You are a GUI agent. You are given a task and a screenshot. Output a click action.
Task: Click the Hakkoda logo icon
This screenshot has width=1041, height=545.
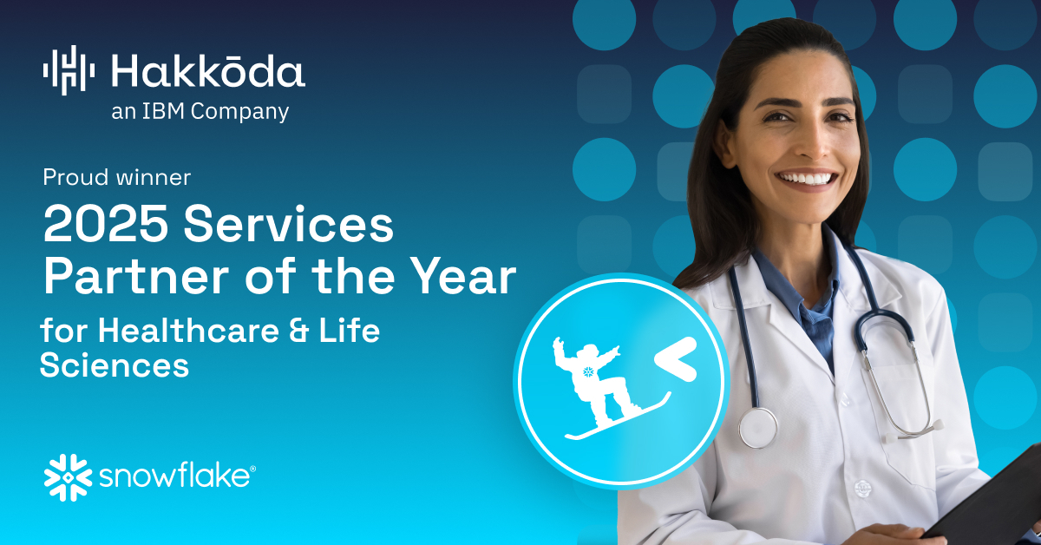(69, 70)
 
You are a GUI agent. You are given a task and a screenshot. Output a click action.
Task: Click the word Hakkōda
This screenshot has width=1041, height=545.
(208, 70)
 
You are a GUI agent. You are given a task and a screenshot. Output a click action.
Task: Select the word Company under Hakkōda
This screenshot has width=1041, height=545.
(239, 113)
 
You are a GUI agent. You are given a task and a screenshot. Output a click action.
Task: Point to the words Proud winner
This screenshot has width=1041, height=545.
(116, 177)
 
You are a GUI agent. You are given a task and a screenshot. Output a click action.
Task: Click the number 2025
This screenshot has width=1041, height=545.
(106, 224)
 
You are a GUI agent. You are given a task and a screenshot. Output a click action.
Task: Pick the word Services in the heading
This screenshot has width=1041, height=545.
(289, 224)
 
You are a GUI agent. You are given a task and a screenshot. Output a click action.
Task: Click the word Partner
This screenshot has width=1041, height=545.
(136, 276)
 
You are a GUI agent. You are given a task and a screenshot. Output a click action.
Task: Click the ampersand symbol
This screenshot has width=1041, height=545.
(298, 331)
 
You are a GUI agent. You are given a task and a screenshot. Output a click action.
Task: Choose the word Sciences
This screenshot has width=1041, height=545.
(115, 365)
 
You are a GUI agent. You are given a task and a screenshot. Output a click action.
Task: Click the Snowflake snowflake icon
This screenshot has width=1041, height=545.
(68, 477)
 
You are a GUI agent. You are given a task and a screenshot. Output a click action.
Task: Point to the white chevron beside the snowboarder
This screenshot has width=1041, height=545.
(676, 359)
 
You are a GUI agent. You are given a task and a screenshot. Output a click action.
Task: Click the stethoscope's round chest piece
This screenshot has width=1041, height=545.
(758, 428)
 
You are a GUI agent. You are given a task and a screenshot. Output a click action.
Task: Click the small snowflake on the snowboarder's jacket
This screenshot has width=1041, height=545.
(588, 371)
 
